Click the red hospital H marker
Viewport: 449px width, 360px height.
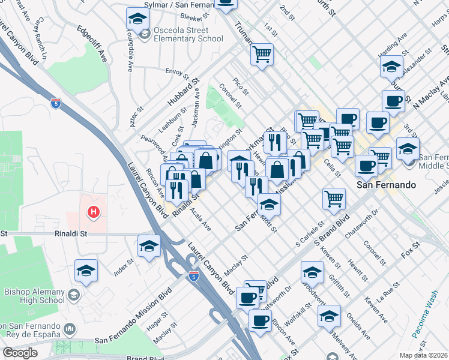(x=94, y=211)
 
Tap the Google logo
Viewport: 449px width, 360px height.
(x=20, y=353)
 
